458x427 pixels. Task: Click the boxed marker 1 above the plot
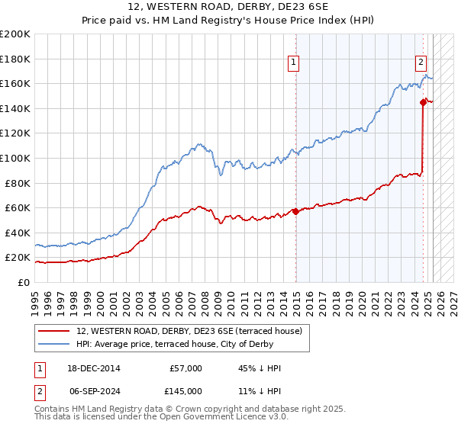point(294,63)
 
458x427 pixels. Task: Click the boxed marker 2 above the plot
point(421,63)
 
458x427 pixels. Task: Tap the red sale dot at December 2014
point(295,211)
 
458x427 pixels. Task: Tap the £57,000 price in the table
point(185,368)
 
